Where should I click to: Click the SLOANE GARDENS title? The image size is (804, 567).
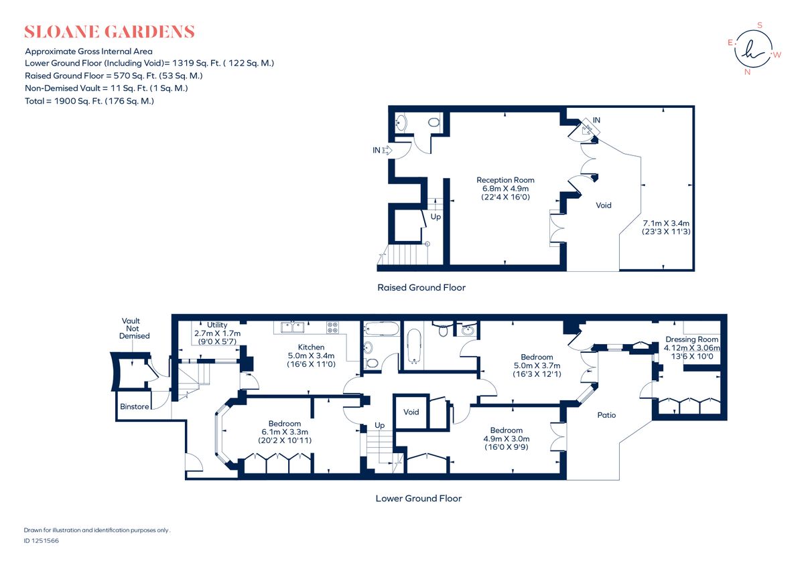[109, 31]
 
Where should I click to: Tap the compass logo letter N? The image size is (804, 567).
[747, 72]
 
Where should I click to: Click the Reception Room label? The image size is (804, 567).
[505, 180]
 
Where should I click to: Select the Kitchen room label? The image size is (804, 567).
[311, 347]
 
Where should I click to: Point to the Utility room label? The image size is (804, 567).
[217, 325]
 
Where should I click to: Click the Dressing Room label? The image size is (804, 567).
[691, 339]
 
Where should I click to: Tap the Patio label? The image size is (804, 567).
[606, 415]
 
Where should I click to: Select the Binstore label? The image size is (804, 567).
[133, 406]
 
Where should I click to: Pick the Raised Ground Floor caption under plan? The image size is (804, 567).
[421, 287]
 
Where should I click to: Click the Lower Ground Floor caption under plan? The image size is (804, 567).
[418, 498]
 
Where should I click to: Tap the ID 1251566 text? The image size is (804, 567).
[41, 540]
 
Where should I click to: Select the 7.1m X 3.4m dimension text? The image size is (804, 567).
[666, 223]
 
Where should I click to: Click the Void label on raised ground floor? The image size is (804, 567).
[604, 206]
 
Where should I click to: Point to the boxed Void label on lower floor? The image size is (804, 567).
[411, 412]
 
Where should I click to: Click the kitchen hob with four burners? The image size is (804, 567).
[333, 327]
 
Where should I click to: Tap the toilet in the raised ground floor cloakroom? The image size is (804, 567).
[433, 123]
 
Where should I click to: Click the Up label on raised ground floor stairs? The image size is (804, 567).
[435, 217]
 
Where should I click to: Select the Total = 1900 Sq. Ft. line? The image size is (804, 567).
[89, 101]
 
